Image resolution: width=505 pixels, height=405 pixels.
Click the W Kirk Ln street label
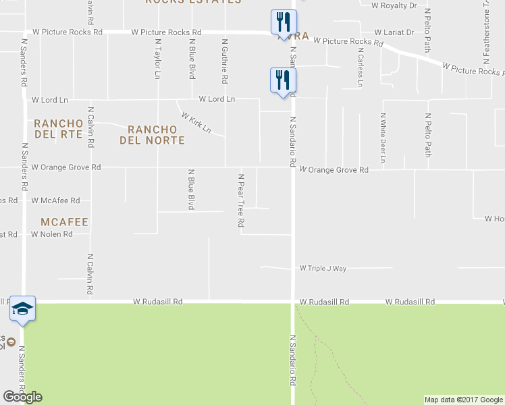(196, 122)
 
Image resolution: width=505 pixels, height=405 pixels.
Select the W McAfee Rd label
(55, 200)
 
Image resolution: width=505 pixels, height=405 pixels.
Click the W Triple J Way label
(323, 268)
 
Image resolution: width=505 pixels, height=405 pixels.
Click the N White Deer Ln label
(383, 138)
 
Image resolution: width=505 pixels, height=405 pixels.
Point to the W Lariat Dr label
(394, 32)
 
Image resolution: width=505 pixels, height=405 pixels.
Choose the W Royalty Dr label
(394, 5)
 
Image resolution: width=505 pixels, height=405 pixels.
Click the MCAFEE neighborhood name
(65, 221)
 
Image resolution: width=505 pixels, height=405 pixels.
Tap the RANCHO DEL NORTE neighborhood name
(152, 135)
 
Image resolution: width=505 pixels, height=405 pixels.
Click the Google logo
(22, 397)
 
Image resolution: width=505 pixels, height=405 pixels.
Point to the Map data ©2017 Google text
(463, 400)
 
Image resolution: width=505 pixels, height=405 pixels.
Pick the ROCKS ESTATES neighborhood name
(193, 2)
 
